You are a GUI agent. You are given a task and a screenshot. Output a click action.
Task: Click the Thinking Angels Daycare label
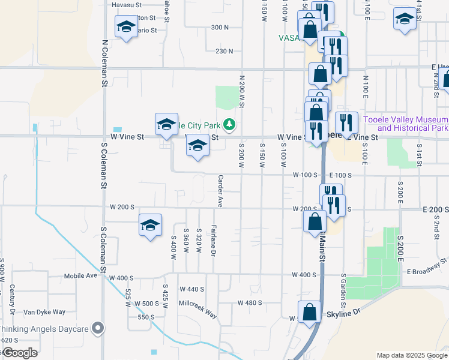(44, 329)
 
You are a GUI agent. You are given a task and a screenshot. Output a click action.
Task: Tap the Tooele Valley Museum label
(405, 124)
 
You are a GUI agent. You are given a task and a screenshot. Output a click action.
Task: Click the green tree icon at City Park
(229, 125)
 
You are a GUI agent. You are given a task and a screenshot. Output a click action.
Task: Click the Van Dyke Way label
(44, 312)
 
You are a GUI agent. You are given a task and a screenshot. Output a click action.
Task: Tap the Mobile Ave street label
(80, 277)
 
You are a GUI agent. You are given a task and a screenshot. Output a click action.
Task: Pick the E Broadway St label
(428, 267)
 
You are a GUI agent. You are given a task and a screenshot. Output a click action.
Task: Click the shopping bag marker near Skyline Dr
(310, 312)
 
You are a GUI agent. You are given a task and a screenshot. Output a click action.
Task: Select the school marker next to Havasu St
(126, 26)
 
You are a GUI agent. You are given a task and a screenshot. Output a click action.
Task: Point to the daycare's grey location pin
(100, 328)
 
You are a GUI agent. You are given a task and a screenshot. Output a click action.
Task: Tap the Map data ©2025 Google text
(411, 355)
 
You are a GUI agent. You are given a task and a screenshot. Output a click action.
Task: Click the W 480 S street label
(250, 302)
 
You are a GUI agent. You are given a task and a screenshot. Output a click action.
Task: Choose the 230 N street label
(224, 51)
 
